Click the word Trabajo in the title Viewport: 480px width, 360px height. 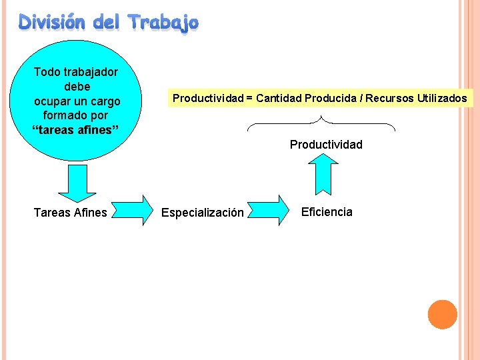[x=163, y=23]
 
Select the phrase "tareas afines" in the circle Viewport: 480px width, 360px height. [x=76, y=130]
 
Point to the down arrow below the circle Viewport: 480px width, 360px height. [x=77, y=183]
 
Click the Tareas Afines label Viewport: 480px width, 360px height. [x=70, y=213]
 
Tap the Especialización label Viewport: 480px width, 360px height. [x=203, y=213]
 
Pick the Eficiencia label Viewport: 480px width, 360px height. [x=327, y=212]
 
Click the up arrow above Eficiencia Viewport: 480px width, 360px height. [x=326, y=173]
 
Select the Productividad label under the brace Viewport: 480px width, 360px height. [x=326, y=145]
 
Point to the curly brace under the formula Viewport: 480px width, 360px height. [x=321, y=123]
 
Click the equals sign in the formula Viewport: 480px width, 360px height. [x=249, y=99]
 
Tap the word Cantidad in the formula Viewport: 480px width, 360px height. [x=278, y=99]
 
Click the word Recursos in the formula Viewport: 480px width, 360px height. [x=390, y=99]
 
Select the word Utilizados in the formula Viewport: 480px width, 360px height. [x=442, y=99]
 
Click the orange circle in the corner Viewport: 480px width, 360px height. [x=442, y=314]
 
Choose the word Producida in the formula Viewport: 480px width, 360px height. [x=330, y=99]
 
